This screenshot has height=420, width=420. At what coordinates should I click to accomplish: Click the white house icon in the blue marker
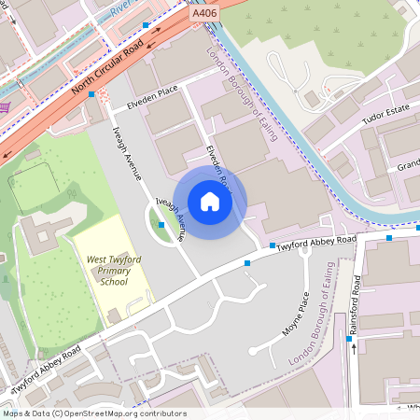point(210,202)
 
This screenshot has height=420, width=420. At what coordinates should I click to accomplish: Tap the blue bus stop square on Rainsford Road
point(350,339)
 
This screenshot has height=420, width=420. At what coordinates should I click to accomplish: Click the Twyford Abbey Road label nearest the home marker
point(318,242)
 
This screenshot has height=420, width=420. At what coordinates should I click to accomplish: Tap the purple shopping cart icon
point(5,106)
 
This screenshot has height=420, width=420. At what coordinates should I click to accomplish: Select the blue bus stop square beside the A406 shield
point(147,25)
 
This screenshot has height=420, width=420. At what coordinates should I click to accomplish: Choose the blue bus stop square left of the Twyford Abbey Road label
point(273,245)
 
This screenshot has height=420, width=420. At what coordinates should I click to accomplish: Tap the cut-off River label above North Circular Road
point(119,9)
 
